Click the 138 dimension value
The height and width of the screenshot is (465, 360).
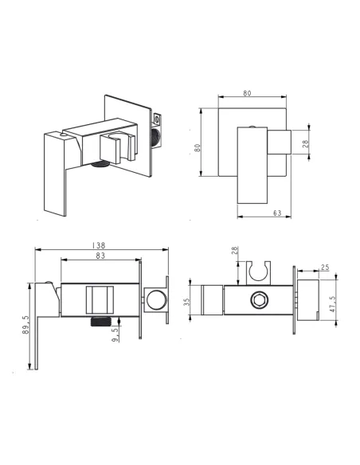click(99, 245)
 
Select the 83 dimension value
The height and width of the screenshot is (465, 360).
click(100, 256)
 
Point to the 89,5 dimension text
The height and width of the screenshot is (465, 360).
click(25, 325)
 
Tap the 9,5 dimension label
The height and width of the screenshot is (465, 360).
click(115, 334)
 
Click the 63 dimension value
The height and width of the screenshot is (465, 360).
click(277, 213)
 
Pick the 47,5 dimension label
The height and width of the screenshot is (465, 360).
click(332, 304)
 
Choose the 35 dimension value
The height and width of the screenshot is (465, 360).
click(186, 302)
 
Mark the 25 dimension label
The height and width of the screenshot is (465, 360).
click(325, 268)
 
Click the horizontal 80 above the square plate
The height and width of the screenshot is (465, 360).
click(247, 93)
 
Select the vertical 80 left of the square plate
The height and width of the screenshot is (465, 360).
click(198, 147)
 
